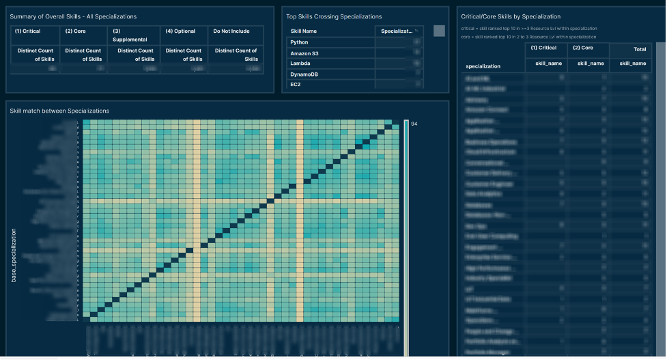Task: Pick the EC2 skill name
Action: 296,85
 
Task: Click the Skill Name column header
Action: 304,31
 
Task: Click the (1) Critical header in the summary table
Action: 28,31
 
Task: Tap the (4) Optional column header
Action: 180,31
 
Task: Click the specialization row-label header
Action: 483,66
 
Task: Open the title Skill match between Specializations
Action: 59,111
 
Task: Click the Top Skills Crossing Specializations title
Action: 334,16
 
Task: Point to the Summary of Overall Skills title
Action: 73,16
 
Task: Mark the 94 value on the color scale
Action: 414,124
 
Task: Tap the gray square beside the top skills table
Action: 439,31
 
